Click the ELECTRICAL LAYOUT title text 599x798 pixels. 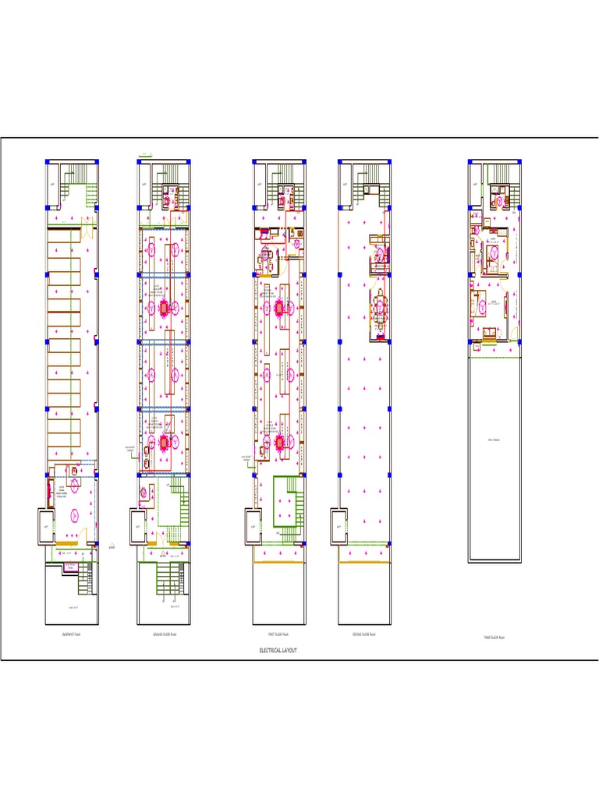tap(278, 650)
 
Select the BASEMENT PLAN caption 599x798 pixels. tap(72, 635)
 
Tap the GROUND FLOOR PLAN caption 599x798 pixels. tap(165, 635)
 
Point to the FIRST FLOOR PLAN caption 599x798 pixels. tap(278, 635)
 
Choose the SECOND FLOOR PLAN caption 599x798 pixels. tap(365, 635)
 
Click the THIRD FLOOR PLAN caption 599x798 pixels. tap(494, 637)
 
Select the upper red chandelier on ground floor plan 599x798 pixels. tap(165, 307)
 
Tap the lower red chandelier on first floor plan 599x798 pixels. tap(279, 443)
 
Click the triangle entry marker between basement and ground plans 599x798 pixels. tap(112, 545)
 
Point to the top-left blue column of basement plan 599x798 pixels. tap(47, 162)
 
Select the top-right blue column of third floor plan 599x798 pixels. tap(521, 162)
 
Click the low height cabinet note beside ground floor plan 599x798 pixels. tap(130, 449)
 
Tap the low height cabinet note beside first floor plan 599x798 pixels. tap(246, 459)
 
